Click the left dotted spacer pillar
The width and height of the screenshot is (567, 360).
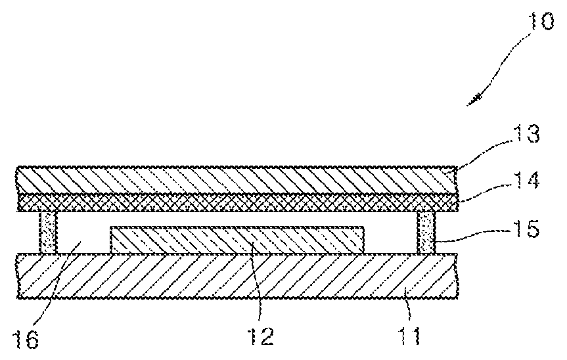[50, 233]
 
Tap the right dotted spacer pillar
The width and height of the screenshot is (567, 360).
[427, 233]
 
